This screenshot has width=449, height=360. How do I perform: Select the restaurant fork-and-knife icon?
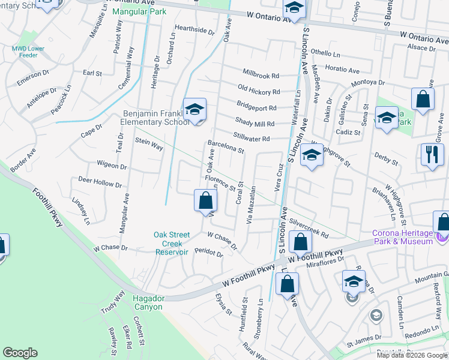coord(432,155)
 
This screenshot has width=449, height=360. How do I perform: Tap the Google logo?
coord(20,353)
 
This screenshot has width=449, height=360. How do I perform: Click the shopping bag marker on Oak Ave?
coord(205,200)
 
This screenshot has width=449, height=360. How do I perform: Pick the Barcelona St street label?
coord(226,147)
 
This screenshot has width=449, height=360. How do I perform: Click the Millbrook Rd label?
coord(261,74)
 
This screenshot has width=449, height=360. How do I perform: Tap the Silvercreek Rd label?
coord(309,227)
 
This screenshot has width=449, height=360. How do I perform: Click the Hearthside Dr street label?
coord(194,29)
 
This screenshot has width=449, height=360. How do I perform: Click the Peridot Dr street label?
coord(208,253)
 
